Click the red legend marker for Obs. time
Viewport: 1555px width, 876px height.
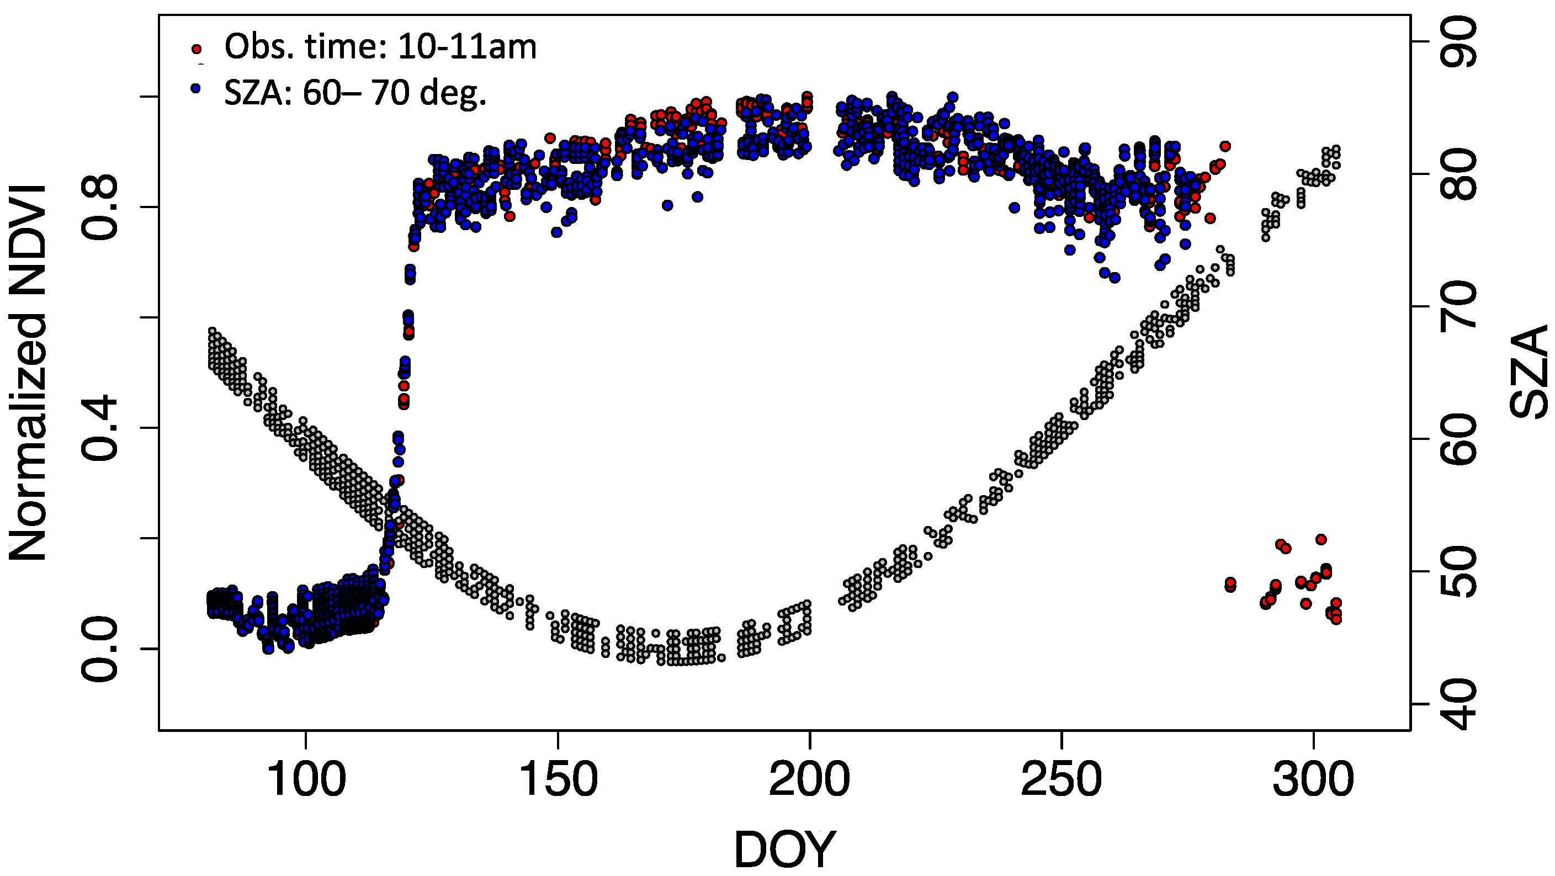click(x=195, y=48)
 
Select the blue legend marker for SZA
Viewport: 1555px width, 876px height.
click(x=195, y=88)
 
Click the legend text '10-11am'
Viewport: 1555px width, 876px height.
click(x=466, y=47)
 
